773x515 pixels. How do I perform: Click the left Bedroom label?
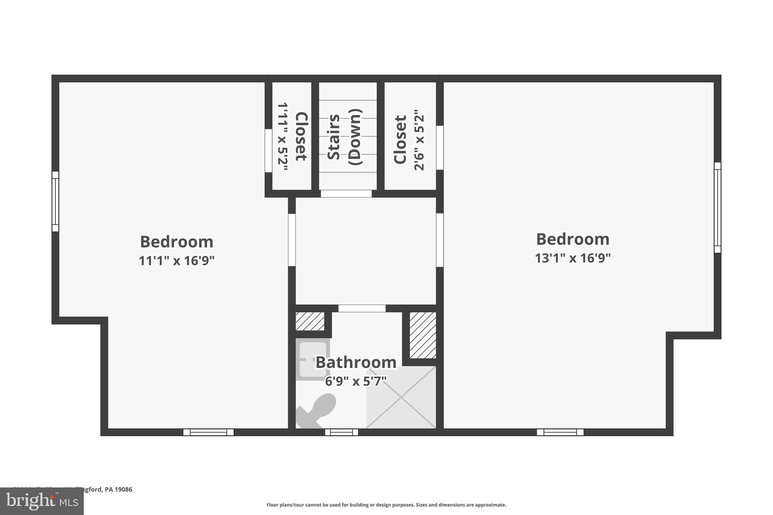point(177,242)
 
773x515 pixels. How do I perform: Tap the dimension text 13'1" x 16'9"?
point(573,258)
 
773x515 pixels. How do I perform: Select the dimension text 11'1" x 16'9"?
point(177,261)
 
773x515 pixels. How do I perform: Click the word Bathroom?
point(356,363)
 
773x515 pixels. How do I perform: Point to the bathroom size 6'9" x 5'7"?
point(356,381)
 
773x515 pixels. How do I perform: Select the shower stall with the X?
point(401,398)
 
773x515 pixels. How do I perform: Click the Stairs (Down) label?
point(344,137)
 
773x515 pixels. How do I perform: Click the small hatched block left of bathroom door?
point(310,321)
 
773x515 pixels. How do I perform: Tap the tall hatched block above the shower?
point(423,335)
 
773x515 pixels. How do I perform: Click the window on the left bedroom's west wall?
point(55,201)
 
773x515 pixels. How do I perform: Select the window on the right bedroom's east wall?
point(717,208)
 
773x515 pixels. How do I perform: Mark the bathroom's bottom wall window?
point(341,432)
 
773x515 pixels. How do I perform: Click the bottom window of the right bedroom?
point(560,432)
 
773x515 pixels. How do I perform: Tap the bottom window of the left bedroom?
point(208,432)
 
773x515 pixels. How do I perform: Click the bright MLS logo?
point(42,501)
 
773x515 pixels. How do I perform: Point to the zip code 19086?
point(123,489)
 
